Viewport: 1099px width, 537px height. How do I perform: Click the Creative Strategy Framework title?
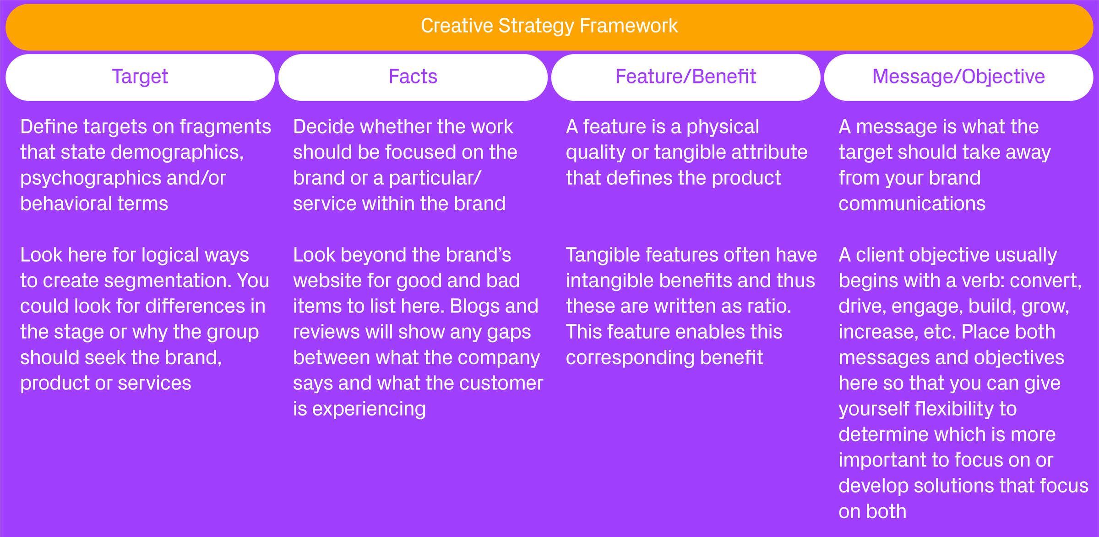549,26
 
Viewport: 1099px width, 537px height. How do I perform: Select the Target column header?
140,77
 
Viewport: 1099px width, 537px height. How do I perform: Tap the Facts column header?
413,77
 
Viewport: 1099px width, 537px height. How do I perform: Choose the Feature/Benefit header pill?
686,77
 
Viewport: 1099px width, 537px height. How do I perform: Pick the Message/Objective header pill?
958,77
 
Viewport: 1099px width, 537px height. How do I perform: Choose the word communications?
912,204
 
